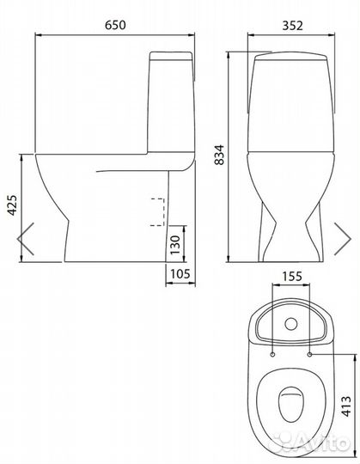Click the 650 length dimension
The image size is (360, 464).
[115, 25]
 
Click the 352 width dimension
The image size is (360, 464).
[292, 26]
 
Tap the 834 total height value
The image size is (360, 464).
[219, 155]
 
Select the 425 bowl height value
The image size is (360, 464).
[12, 205]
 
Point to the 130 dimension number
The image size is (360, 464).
[175, 245]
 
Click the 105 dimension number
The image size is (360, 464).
[180, 274]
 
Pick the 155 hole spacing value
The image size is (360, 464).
[291, 277]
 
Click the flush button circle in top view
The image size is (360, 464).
[291, 324]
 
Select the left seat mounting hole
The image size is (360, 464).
[272, 354]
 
